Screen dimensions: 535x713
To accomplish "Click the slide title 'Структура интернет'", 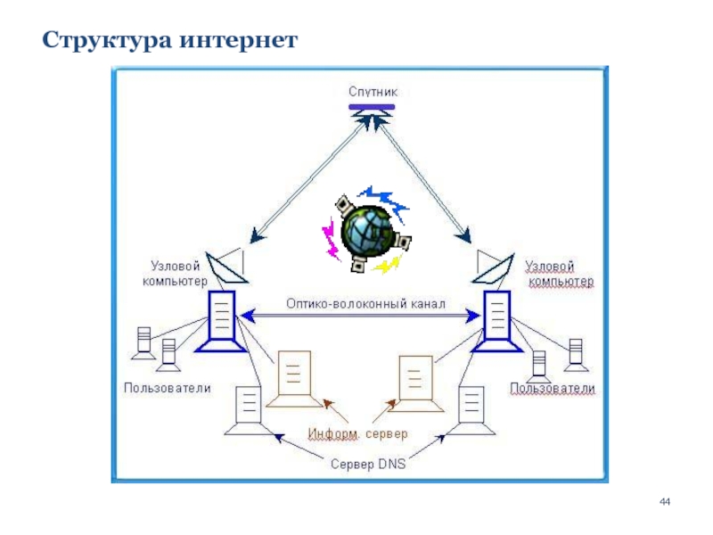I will (170, 41).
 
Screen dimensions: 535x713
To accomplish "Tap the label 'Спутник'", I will (373, 91).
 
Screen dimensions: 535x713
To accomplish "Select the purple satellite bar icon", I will (373, 108).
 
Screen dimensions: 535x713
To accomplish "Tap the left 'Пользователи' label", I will (167, 388).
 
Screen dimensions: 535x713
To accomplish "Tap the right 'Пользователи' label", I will (552, 389).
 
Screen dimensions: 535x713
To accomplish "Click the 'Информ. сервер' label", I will (358, 434).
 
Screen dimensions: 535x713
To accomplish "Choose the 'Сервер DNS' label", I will (367, 464).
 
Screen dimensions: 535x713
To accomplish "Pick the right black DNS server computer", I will (470, 411).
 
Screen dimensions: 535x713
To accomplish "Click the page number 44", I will (664, 506).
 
